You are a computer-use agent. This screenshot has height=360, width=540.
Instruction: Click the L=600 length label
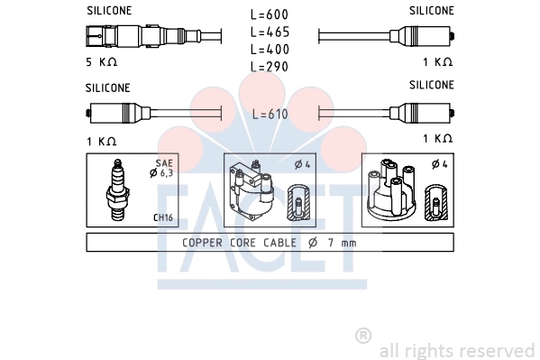(x=270, y=15)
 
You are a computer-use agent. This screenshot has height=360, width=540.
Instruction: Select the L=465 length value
(x=270, y=32)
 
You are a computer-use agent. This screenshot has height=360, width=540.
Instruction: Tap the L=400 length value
(x=270, y=50)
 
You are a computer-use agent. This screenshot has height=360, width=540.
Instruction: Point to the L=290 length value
(x=270, y=67)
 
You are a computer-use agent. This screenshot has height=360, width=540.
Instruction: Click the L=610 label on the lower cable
(x=270, y=114)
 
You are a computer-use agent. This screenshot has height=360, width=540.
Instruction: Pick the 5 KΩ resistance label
(x=102, y=63)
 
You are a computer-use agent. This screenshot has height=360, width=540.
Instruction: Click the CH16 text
(x=163, y=217)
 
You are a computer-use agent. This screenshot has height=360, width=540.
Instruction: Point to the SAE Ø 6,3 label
(x=163, y=170)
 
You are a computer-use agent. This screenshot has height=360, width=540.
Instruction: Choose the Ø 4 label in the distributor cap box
(x=439, y=164)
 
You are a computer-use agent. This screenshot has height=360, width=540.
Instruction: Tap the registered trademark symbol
(x=363, y=336)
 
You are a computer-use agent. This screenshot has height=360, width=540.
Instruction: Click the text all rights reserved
(x=456, y=350)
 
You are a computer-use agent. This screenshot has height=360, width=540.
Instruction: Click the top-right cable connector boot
(x=423, y=37)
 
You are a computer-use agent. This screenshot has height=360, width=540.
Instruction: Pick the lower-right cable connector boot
(x=423, y=114)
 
